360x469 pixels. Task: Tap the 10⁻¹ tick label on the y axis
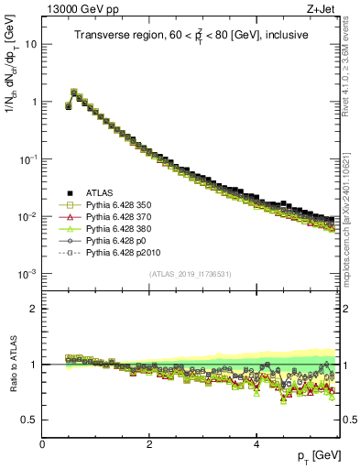pyautogui.click(x=27, y=158)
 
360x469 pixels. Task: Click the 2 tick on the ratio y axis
pyautogui.click(x=34, y=309)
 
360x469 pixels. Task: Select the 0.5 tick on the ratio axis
pyautogui.click(x=29, y=420)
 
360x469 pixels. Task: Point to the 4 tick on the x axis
pyautogui.click(x=257, y=444)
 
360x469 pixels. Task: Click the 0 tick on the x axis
pyautogui.click(x=43, y=444)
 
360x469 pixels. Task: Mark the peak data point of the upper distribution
pyautogui.click(x=74, y=92)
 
